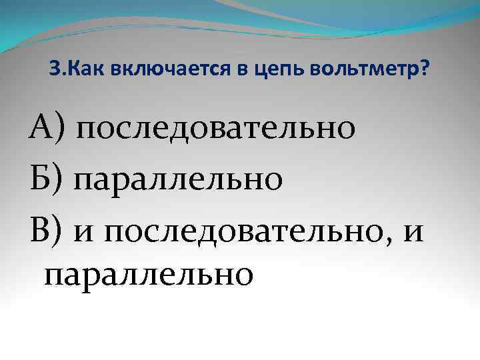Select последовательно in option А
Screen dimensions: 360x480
(x=215, y=129)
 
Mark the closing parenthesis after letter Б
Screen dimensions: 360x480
(x=61, y=179)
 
